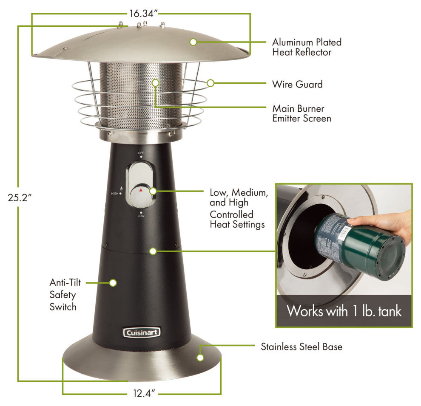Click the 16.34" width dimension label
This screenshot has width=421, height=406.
tap(143, 14)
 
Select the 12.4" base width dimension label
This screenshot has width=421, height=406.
tap(144, 393)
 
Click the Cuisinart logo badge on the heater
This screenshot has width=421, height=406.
tap(142, 333)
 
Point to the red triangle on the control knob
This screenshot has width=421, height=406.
tap(141, 190)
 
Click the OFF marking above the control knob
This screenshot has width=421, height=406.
tap(141, 153)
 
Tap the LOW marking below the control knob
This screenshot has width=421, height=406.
tap(141, 216)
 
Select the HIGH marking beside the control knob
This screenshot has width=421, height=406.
tap(115, 193)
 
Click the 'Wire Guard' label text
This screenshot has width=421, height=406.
tap(297, 84)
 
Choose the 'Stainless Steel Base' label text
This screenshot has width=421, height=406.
tap(302, 347)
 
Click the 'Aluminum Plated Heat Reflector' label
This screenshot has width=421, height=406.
tap(307, 47)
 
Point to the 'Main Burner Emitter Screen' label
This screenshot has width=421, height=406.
tap(302, 113)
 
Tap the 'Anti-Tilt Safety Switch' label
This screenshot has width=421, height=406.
tap(65, 294)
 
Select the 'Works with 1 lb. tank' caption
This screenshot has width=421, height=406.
tap(344, 311)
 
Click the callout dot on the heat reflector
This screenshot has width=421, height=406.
tap(193, 42)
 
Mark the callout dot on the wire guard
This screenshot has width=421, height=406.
tap(210, 83)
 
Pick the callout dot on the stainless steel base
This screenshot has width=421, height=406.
tap(200, 358)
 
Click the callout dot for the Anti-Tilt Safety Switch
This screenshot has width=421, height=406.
tap(113, 283)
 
